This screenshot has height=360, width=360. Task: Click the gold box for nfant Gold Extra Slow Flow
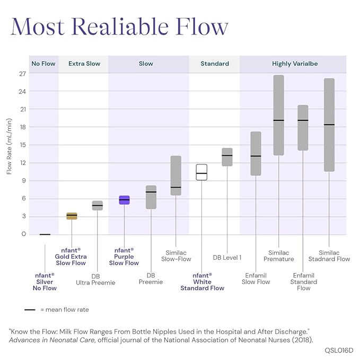click(x=72, y=216)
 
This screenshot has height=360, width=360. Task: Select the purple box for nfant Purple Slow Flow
click(x=124, y=200)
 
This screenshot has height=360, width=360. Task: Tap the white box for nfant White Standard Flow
click(x=201, y=172)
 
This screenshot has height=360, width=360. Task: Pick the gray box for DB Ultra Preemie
click(x=98, y=206)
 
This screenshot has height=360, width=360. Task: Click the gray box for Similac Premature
click(x=278, y=115)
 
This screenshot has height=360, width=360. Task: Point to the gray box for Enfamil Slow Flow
click(x=256, y=153)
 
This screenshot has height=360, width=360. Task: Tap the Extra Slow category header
click(x=84, y=64)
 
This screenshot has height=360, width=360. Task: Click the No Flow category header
click(x=43, y=64)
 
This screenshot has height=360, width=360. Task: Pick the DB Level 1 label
click(x=227, y=258)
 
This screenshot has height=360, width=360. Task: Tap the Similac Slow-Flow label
click(x=175, y=256)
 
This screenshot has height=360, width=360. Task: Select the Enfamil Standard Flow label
click(x=303, y=282)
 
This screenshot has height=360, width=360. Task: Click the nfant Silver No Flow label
click(x=45, y=282)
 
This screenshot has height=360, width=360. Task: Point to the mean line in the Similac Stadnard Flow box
click(x=329, y=125)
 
